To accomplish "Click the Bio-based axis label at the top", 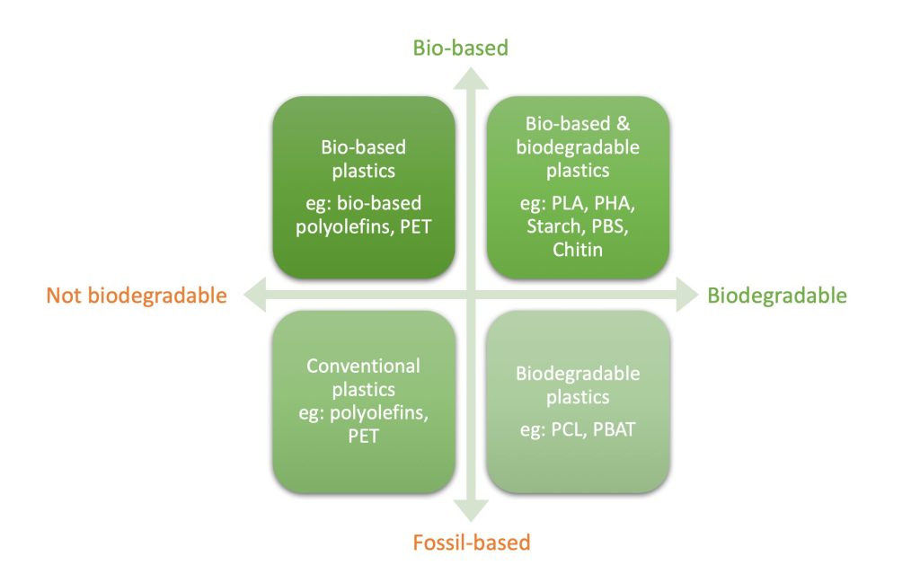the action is pyautogui.click(x=461, y=48).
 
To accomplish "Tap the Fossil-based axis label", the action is pyautogui.click(x=471, y=542).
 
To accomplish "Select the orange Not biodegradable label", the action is pyautogui.click(x=137, y=295).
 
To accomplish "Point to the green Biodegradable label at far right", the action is pyautogui.click(x=777, y=295).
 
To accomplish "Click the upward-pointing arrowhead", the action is pyautogui.click(x=471, y=79).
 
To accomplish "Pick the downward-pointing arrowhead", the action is pyautogui.click(x=471, y=511).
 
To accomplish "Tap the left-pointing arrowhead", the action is pyautogui.click(x=254, y=295).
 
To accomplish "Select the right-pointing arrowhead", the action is pyautogui.click(x=687, y=295).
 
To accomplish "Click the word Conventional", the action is pyautogui.click(x=363, y=366).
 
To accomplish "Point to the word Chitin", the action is pyautogui.click(x=578, y=249).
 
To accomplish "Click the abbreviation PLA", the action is pyautogui.click(x=569, y=204).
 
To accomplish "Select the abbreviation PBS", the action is pyautogui.click(x=609, y=226).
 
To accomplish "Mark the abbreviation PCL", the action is pyautogui.click(x=568, y=429).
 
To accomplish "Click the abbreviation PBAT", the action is pyautogui.click(x=614, y=429).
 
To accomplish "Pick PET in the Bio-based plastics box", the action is pyautogui.click(x=415, y=226).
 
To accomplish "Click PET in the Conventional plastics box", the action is pyautogui.click(x=363, y=436).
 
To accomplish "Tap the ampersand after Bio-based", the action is pyautogui.click(x=623, y=124).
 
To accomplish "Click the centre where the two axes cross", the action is pyautogui.click(x=471, y=295).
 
